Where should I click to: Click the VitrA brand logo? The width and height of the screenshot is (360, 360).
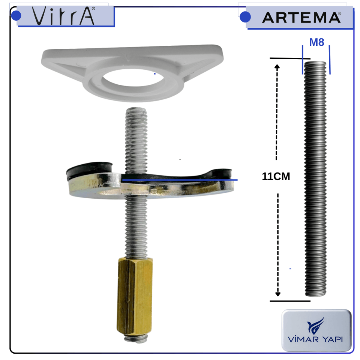pyautogui.click(x=63, y=16)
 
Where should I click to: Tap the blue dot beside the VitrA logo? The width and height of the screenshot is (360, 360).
pyautogui.click(x=16, y=16)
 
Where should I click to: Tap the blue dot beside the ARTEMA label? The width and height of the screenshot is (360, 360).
pyautogui.click(x=245, y=17)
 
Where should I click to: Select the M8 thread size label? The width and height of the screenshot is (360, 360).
pyautogui.click(x=316, y=42)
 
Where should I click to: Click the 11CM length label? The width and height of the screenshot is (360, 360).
pyautogui.click(x=276, y=177)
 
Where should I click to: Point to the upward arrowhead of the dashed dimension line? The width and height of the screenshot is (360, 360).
pyautogui.click(x=277, y=68)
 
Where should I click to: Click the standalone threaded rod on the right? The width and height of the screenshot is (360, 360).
pyautogui.click(x=316, y=180)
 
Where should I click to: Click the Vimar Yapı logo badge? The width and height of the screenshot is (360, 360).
pyautogui.click(x=316, y=330)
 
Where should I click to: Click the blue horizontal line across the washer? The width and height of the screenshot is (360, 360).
pyautogui.click(x=180, y=180)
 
